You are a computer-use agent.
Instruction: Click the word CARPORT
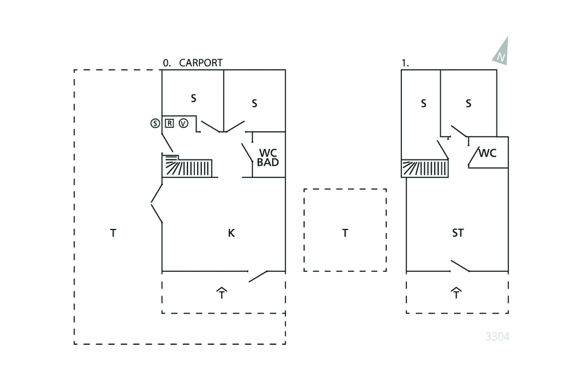coord(201,63)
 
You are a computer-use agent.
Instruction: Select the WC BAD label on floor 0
coord(268,158)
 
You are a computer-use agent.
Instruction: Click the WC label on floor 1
coord(487,153)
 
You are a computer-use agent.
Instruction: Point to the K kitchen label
coord(231,233)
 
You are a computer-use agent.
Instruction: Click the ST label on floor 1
coord(457,233)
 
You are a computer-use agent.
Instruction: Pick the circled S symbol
coord(155,123)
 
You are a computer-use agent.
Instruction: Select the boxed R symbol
coord(170,123)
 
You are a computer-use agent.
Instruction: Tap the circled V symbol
coord(183,123)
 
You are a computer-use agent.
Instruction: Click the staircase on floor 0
coord(188,168)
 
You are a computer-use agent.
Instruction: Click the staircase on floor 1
coord(426,169)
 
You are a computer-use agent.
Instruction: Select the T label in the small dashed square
coord(345,233)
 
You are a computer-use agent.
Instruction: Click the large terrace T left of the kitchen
coord(113,233)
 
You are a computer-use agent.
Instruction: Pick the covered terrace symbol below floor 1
coord(456,293)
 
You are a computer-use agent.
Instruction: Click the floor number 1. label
coord(405,64)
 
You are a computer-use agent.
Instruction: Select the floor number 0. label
coord(167,64)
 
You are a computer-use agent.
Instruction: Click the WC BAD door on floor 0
coord(247,152)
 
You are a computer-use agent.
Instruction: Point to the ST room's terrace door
coord(460,266)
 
